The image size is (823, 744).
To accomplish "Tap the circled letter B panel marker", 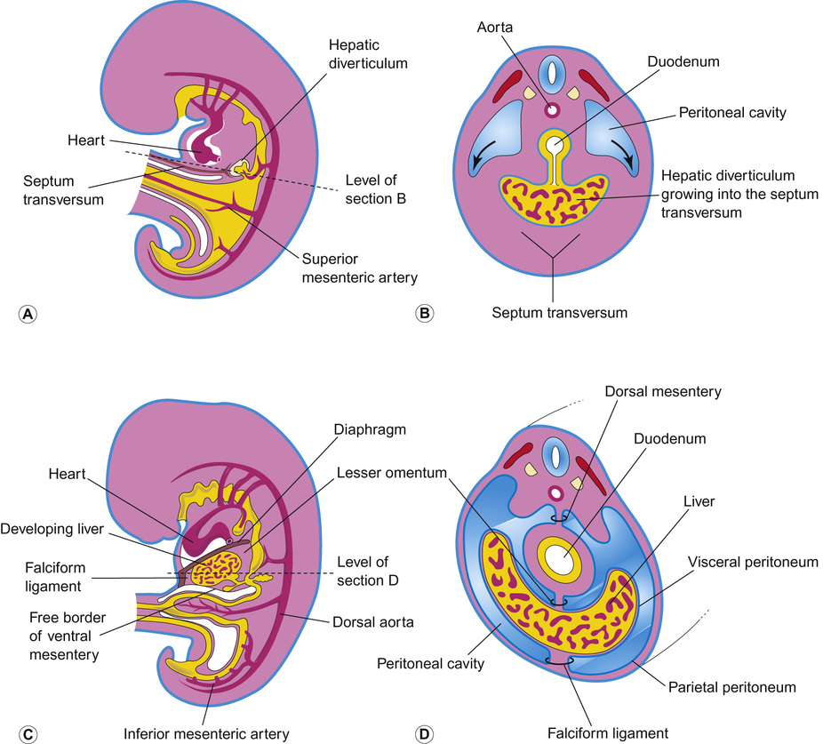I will click(x=425, y=313).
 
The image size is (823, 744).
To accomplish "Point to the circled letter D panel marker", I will click(x=425, y=734).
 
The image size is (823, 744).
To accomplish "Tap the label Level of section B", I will click(x=372, y=190).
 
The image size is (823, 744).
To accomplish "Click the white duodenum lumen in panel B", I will click(x=554, y=144).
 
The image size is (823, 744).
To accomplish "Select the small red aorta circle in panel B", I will click(x=553, y=110).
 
